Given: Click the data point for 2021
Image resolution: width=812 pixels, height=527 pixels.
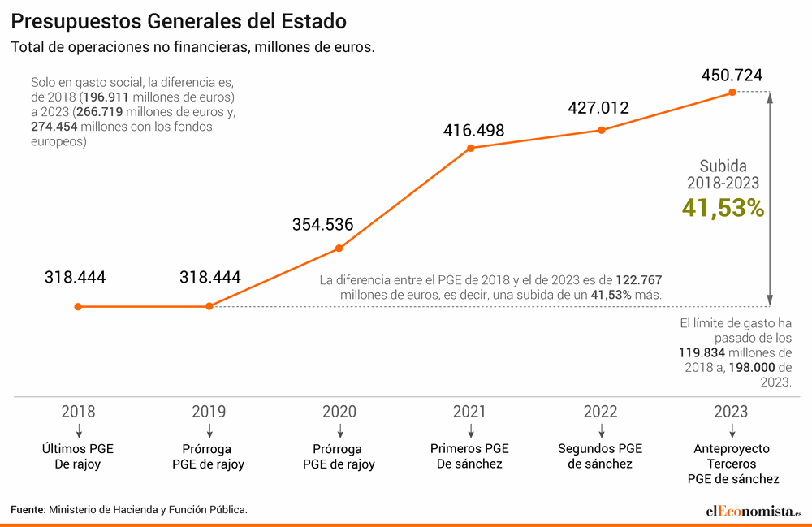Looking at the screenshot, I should tap(470, 148).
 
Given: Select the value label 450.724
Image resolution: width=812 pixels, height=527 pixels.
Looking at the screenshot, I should tap(732, 76).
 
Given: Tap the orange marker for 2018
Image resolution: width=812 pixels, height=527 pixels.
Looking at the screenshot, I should tap(78, 306).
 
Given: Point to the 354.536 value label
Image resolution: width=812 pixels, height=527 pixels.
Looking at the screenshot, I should tap(322, 225).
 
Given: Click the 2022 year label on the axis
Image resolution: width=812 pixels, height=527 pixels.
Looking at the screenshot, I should tap(600, 411).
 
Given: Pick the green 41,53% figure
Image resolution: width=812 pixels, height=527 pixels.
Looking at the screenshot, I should tap(723, 208).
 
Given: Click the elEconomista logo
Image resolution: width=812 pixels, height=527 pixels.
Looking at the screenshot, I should tap(753, 511).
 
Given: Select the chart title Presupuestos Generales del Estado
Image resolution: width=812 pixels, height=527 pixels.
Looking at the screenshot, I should tap(179, 20).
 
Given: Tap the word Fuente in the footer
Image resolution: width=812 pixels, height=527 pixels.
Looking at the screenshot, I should tap(28, 509).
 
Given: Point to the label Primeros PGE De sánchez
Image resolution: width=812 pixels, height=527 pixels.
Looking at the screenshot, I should tap(469, 456).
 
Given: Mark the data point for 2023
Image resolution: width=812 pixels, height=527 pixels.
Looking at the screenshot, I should tap(732, 93).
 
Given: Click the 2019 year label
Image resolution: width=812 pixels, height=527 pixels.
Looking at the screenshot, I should tap(209, 411).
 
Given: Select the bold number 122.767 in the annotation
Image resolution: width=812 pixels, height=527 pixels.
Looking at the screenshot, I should tap(641, 279).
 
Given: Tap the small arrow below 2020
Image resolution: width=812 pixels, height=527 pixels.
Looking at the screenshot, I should tap(339, 430).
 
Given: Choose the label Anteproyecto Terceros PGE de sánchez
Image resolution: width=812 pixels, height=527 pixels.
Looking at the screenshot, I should tap(732, 464).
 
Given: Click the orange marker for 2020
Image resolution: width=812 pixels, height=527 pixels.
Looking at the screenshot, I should tap(339, 248).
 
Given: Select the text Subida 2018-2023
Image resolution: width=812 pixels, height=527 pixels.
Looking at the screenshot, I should tap(723, 174).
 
